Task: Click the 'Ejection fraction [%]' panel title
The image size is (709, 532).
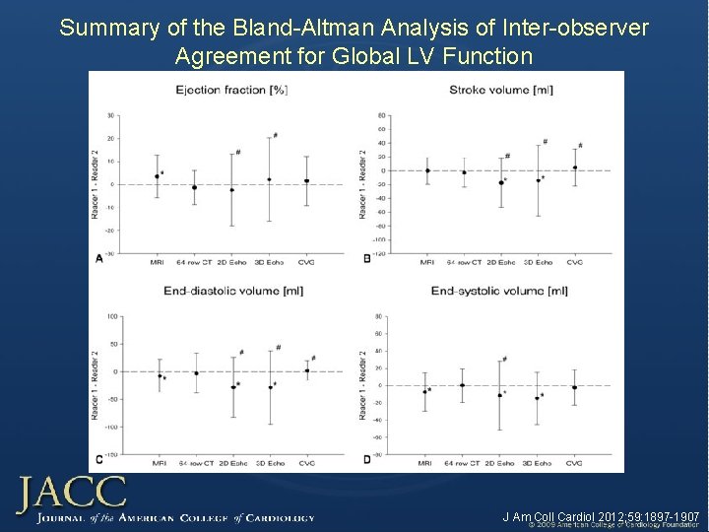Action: [x=231, y=90]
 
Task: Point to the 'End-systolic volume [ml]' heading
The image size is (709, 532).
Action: [x=499, y=291]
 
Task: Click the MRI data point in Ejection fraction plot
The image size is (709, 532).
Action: [x=157, y=176]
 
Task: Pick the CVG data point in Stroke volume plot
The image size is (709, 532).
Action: [x=575, y=167]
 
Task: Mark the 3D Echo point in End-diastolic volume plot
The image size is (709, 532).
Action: [x=270, y=387]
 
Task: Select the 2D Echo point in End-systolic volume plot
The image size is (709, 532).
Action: [x=500, y=395]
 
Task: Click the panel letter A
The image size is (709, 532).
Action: [x=97, y=258]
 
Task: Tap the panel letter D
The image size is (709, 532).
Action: [x=366, y=459]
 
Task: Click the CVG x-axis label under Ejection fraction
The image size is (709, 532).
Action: [x=306, y=262]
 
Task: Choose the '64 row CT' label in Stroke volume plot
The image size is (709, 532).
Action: [x=464, y=262]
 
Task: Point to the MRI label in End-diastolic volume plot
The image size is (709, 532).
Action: [x=160, y=462]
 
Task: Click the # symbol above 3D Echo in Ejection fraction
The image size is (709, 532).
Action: [x=275, y=135]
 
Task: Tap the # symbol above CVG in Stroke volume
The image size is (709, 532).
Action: [x=580, y=145]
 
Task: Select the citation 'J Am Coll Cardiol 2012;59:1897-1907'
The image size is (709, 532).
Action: [x=601, y=516]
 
